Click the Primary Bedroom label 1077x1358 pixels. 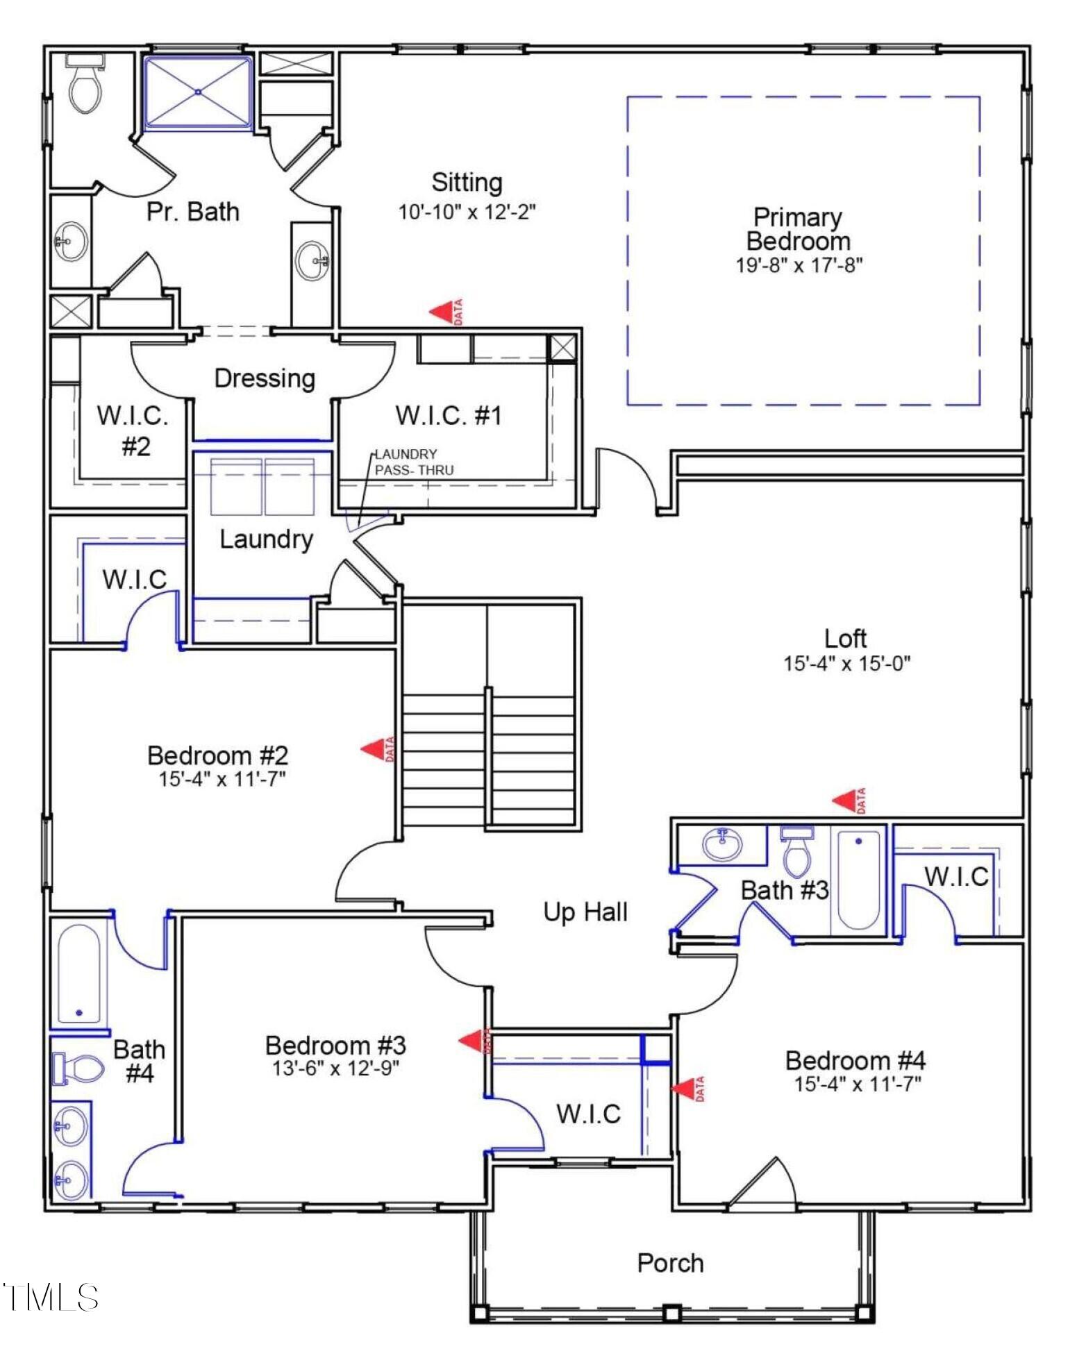[x=798, y=229]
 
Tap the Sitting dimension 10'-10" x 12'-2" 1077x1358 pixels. [x=467, y=212]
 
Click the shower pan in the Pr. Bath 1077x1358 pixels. [x=198, y=92]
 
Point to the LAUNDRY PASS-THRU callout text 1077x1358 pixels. [x=415, y=462]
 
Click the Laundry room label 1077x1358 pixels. [x=266, y=539]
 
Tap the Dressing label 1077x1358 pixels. [x=265, y=378]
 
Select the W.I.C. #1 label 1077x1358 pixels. [x=449, y=415]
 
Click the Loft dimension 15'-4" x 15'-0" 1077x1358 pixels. [x=846, y=663]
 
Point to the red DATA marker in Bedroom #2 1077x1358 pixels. [x=378, y=749]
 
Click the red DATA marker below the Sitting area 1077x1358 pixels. [x=446, y=312]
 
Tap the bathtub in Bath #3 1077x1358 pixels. [x=858, y=880]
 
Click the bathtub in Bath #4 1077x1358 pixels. [x=79, y=973]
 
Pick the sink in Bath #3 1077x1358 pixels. [x=722, y=845]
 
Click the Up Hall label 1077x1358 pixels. [x=585, y=912]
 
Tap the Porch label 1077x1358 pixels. [x=671, y=1264]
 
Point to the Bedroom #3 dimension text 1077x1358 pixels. [x=336, y=1068]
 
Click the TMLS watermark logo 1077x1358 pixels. [x=51, y=1297]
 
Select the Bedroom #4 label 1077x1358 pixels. [x=855, y=1060]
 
